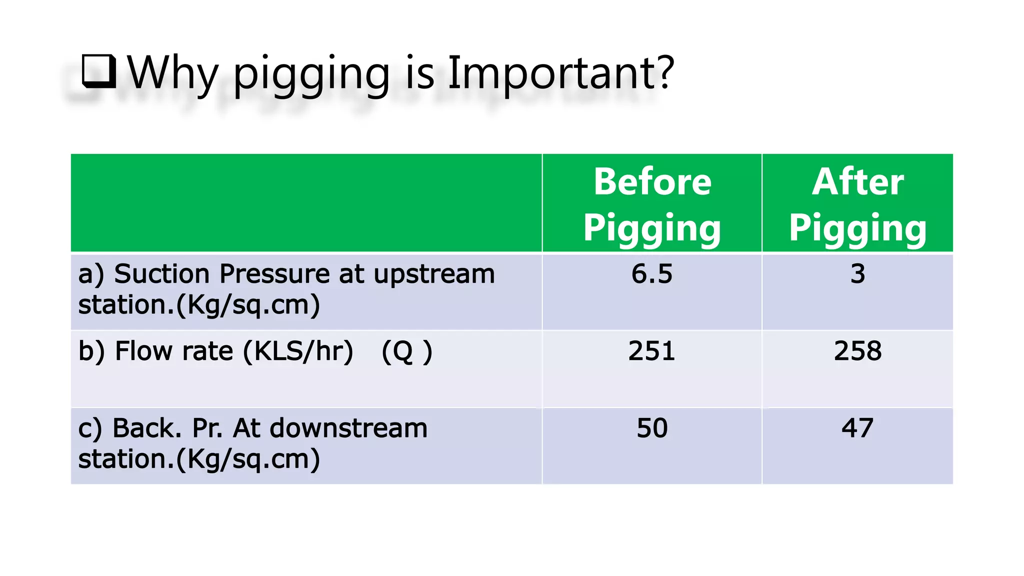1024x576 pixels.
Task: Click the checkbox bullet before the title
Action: pos(98,71)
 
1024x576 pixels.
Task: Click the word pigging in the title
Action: pos(311,74)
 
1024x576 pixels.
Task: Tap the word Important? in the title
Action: pos(560,74)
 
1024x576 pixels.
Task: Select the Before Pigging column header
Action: pos(652,204)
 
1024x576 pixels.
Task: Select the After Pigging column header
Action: pos(857,204)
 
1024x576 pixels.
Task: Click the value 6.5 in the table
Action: pos(652,274)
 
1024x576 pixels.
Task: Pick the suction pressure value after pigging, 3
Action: pos(857,274)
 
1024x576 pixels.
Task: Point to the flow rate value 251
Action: pos(652,351)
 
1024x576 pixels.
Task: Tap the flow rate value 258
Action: pos(857,351)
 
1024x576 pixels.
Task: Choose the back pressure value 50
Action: pos(652,428)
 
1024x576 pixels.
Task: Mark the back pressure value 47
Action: pos(857,428)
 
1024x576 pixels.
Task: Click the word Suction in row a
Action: pos(162,274)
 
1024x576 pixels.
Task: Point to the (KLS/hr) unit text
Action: pos(298,351)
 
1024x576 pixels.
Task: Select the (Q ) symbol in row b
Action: pos(406,351)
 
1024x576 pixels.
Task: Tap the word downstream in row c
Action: pos(348,428)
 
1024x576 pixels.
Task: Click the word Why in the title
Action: pos(173,74)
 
